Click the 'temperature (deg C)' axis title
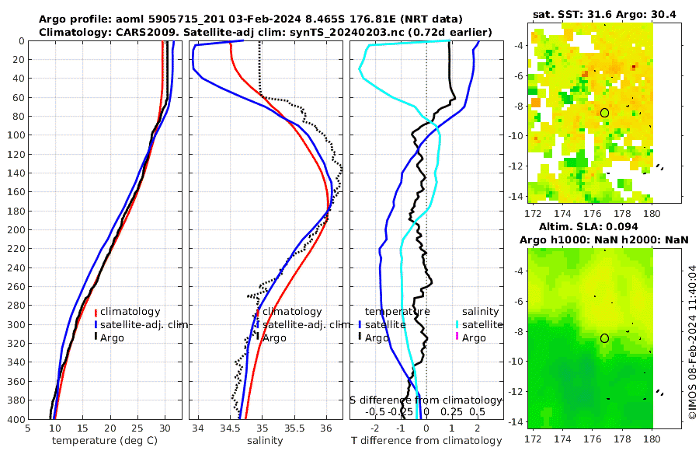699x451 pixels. (106, 441)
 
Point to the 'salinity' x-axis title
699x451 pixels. (265, 441)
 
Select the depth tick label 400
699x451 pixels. (13, 420)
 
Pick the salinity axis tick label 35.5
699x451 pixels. (294, 428)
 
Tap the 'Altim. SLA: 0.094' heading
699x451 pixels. (603, 226)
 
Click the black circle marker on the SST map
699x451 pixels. (604, 113)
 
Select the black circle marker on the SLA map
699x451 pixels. (604, 338)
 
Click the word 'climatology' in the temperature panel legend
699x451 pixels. (130, 311)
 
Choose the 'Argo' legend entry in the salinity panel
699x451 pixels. (274, 337)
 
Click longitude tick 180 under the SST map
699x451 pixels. (652, 213)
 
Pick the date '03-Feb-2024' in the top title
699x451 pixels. (262, 19)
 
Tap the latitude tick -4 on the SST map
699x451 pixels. (515, 46)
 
